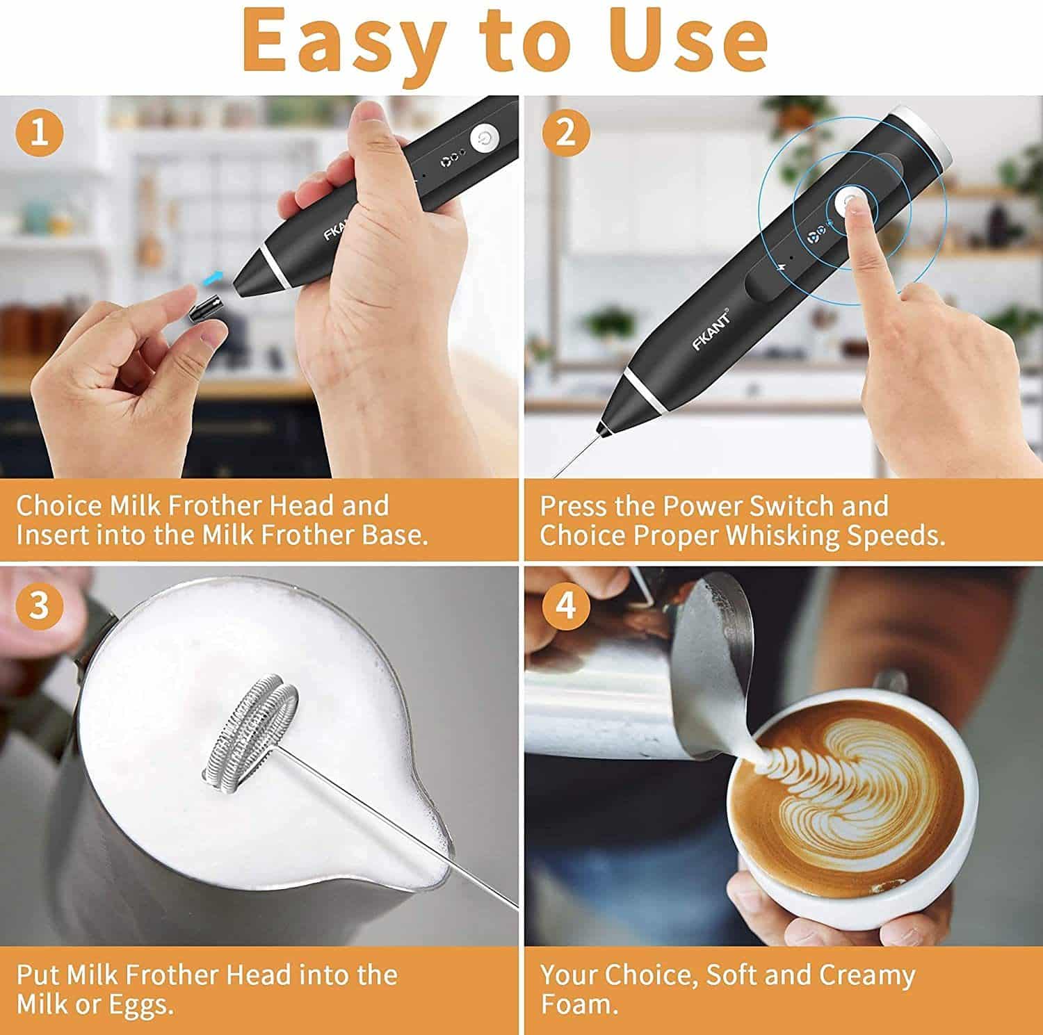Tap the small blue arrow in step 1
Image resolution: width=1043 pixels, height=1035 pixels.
214,279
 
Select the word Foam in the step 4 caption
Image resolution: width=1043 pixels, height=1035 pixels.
579,1005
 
